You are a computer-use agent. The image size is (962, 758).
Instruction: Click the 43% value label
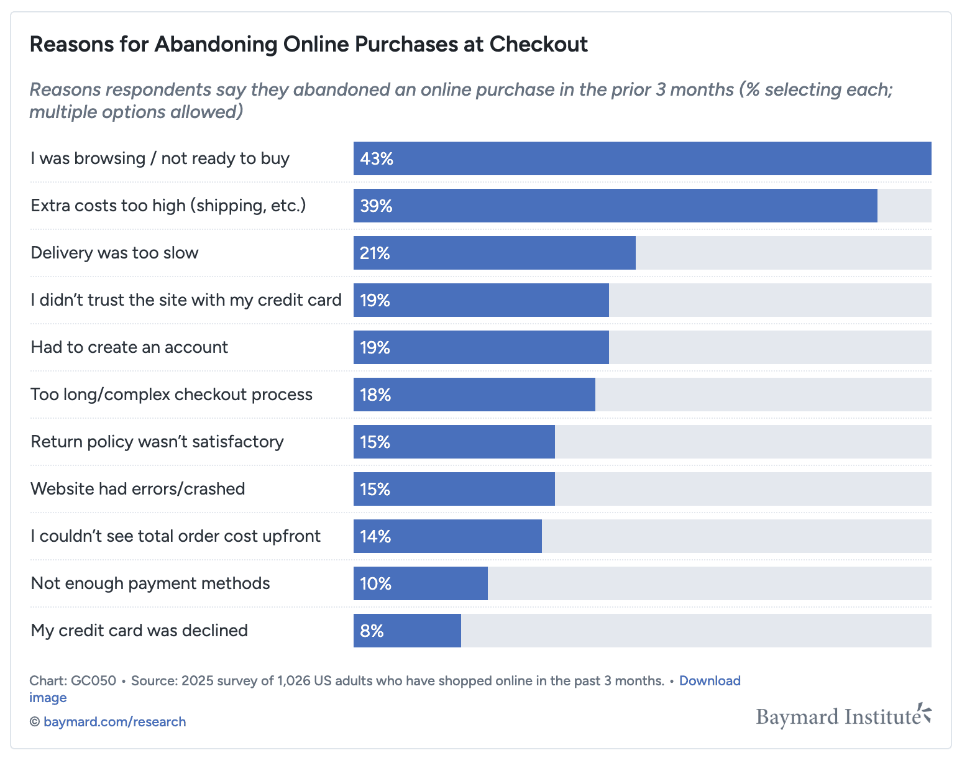(377, 159)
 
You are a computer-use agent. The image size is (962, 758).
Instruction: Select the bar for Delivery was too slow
(494, 253)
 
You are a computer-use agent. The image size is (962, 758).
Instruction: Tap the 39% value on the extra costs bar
(376, 206)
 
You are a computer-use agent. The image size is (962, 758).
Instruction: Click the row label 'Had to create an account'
(129, 347)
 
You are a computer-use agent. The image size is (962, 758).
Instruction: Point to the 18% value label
(375, 395)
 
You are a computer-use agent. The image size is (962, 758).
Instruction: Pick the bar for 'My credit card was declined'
(407, 631)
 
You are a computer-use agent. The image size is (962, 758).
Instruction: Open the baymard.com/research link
(114, 722)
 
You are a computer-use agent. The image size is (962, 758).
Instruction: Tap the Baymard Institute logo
(843, 716)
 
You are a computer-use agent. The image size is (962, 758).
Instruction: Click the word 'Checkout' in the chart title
(538, 45)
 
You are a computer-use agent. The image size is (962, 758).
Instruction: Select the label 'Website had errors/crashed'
(138, 489)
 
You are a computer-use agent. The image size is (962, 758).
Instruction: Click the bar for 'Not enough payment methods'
(420, 583)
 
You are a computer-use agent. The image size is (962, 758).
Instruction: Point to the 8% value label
(372, 631)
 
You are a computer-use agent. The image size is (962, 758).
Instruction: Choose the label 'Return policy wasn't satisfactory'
(157, 442)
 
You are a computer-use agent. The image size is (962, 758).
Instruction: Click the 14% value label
(375, 537)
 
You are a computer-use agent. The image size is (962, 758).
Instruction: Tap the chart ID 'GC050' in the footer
(93, 681)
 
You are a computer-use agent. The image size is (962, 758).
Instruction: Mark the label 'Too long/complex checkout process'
(172, 395)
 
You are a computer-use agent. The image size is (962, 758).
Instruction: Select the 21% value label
(375, 253)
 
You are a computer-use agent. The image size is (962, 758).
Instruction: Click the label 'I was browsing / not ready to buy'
(160, 158)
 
